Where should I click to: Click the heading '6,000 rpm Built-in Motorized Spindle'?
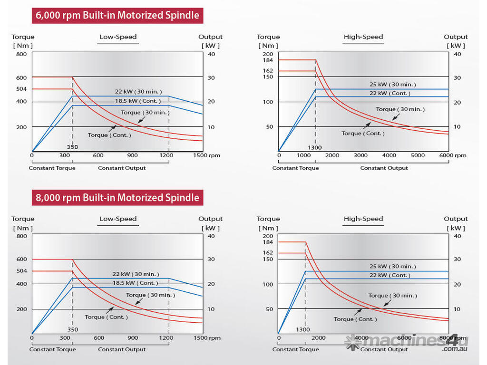pyautogui.click(x=117, y=15)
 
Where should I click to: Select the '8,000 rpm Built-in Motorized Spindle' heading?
pyautogui.click(x=117, y=197)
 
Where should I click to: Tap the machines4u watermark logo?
pyautogui.click(x=407, y=343)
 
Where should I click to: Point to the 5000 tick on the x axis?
pyautogui.click(x=418, y=155)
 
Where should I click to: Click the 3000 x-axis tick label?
pyautogui.click(x=360, y=155)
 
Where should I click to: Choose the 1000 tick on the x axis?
pyautogui.click(x=303, y=155)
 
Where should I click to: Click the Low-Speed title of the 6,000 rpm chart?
pyautogui.click(x=118, y=37)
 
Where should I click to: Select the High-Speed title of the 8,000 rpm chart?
pyautogui.click(x=363, y=219)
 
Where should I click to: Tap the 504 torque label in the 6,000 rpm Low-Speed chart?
pyautogui.click(x=22, y=89)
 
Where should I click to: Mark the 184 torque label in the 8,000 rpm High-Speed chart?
pyautogui.click(x=267, y=242)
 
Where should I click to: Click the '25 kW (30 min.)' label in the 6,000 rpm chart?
pyautogui.click(x=392, y=85)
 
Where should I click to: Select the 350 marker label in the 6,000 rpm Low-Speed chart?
pyautogui.click(x=72, y=147)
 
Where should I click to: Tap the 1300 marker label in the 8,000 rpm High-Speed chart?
pyautogui.click(x=303, y=329)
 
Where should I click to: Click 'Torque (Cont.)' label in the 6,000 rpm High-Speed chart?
pyautogui.click(x=363, y=134)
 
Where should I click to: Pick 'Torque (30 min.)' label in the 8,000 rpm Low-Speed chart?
pyautogui.click(x=150, y=295)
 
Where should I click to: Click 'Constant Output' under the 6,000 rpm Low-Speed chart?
pyautogui.click(x=122, y=168)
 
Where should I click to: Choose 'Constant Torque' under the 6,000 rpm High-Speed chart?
pyautogui.click(x=295, y=168)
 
